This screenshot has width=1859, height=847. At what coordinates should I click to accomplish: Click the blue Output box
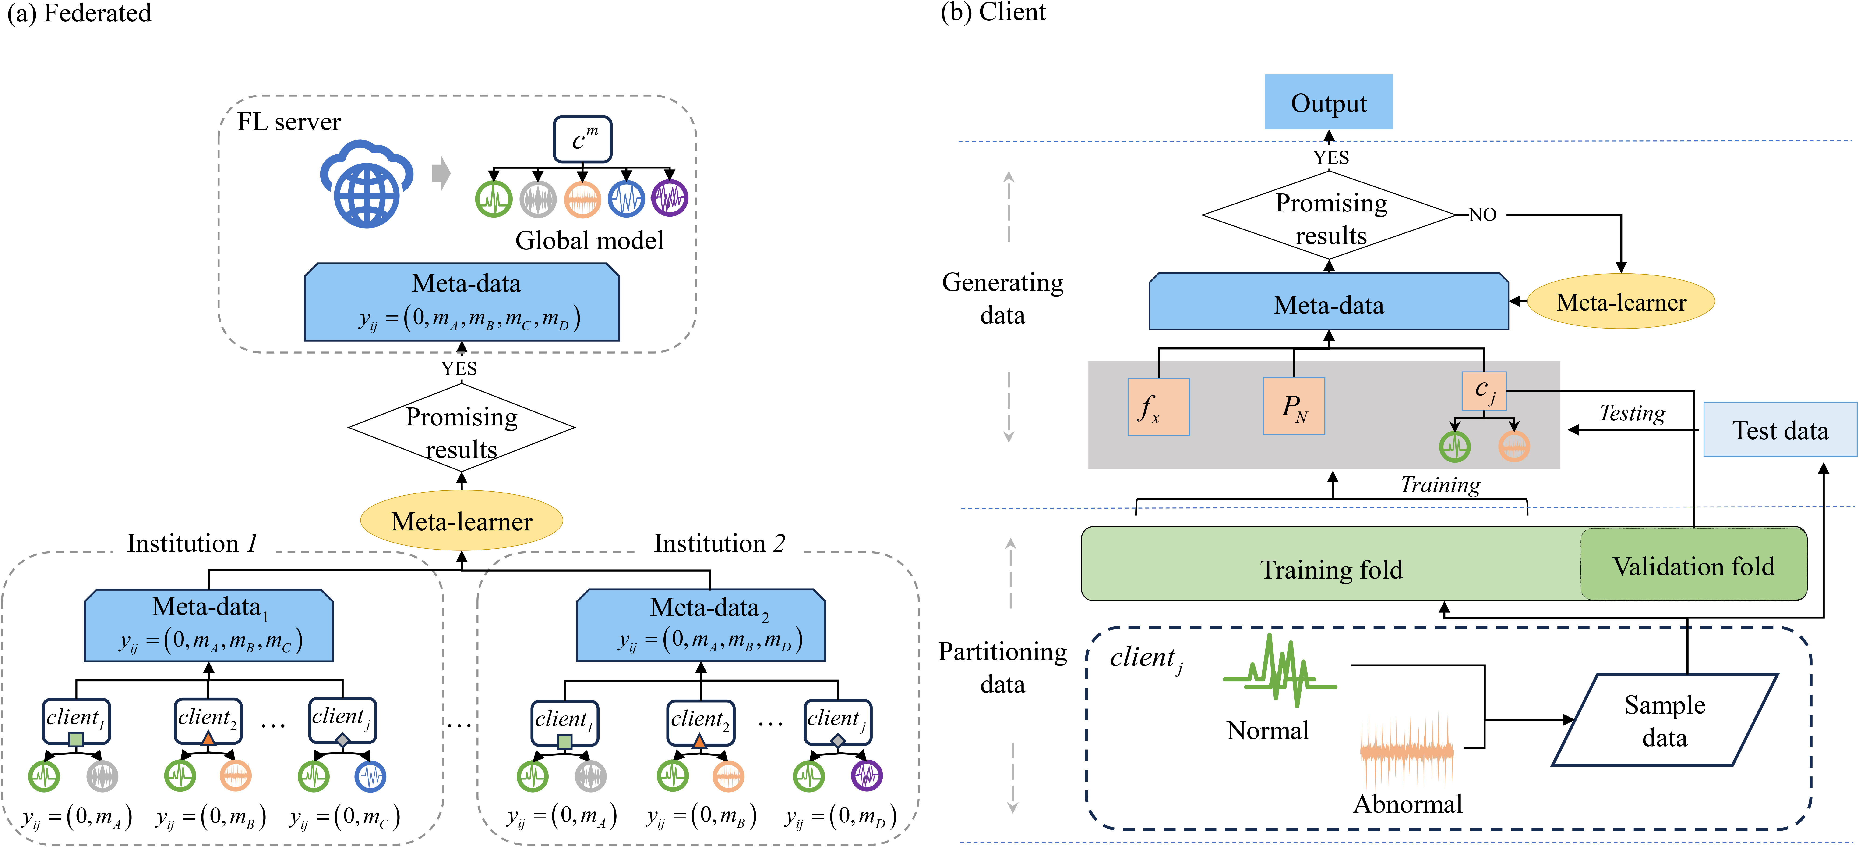tap(1328, 102)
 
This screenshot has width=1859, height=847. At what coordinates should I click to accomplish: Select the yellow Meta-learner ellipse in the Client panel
tap(1621, 302)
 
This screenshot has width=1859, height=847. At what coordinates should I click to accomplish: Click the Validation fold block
tap(1693, 565)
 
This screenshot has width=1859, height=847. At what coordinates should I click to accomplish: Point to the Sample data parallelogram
tap(1664, 720)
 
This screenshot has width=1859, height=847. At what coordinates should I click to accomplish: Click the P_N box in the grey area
tap(1293, 406)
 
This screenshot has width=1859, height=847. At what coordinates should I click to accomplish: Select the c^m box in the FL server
tap(582, 139)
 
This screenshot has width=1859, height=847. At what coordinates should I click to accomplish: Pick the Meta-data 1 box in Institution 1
tap(208, 625)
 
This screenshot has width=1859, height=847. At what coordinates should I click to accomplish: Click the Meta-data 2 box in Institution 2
tap(701, 625)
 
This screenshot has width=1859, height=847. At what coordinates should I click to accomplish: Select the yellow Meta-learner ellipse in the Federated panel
tap(461, 521)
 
